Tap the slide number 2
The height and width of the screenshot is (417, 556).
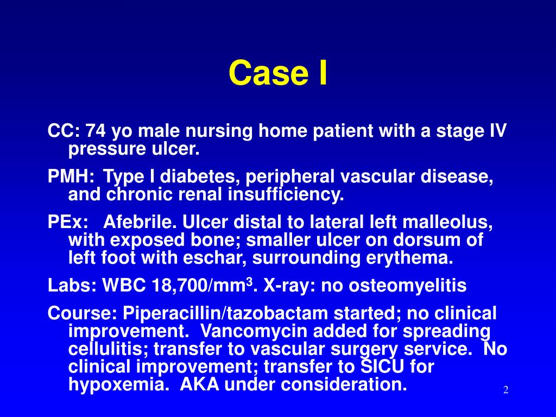tap(505, 390)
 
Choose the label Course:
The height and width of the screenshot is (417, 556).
tap(83, 314)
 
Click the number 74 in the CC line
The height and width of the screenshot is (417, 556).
tap(95, 131)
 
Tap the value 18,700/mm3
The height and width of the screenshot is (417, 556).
tap(198, 286)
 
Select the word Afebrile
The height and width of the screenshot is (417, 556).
tap(140, 223)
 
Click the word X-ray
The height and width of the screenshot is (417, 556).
tap(287, 286)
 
